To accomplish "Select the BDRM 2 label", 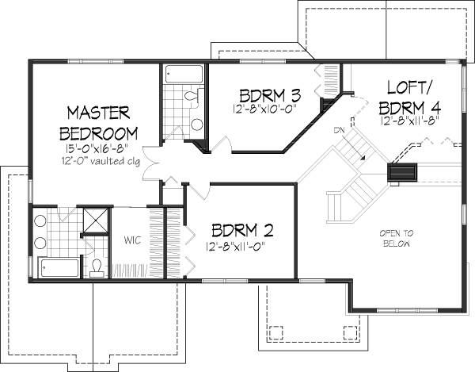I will [242, 231].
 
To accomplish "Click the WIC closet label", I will [131, 239].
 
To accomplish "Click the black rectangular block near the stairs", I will [403, 173].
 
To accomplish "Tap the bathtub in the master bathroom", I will [58, 267].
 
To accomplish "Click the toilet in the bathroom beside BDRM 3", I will [191, 96].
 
